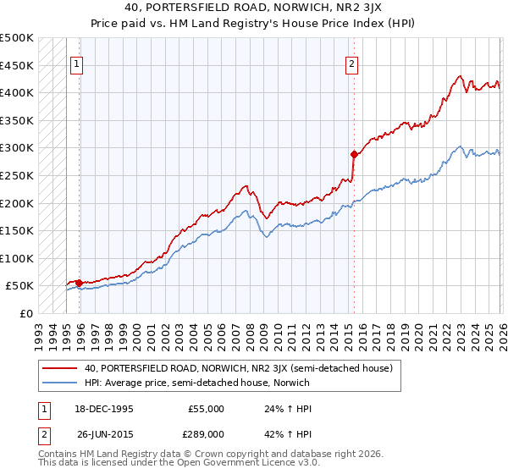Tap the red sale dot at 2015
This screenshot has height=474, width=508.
[354, 154]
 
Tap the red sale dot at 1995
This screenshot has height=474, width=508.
[79, 283]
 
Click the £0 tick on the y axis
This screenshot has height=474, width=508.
[25, 313]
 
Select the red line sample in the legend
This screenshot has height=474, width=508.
[60, 368]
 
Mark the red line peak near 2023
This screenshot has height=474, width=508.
[459, 76]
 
